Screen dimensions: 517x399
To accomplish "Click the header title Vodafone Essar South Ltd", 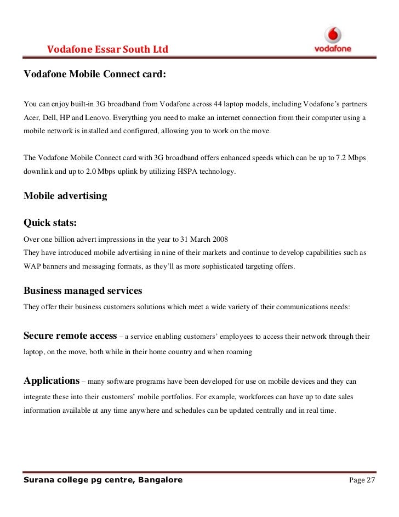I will [107, 50].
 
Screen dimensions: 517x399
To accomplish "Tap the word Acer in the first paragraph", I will [31, 118].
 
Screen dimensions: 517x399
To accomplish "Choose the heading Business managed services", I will [83, 291].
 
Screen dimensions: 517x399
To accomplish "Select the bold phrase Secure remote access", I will [70, 336].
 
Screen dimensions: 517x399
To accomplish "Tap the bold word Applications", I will [52, 380].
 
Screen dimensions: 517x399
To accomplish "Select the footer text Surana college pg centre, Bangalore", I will [103, 481].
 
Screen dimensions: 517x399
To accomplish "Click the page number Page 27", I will [362, 481].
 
